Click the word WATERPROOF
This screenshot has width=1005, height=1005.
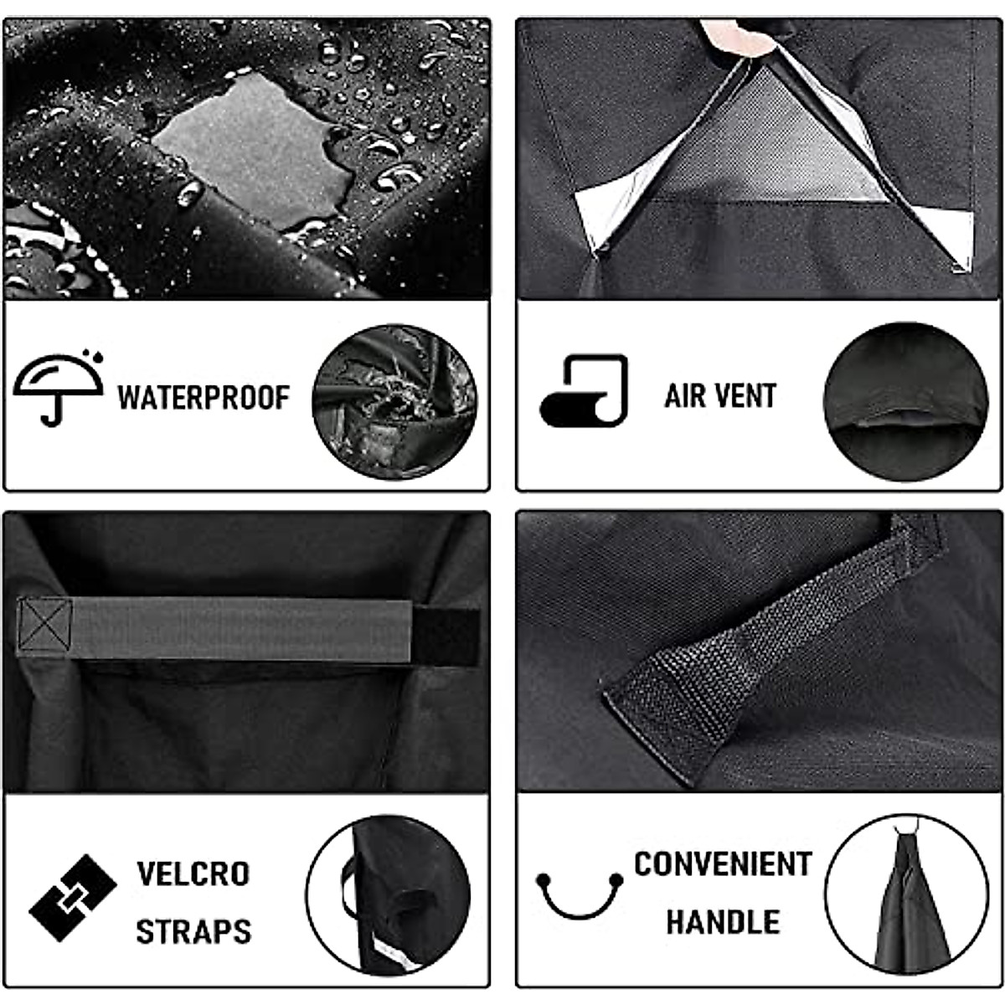click(204, 397)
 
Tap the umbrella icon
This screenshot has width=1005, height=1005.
click(58, 387)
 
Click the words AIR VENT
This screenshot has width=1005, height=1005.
click(720, 395)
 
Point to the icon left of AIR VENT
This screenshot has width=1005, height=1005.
click(585, 390)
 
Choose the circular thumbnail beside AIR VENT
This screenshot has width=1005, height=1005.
click(905, 401)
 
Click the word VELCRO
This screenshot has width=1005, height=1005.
click(193, 874)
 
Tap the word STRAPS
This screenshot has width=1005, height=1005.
click(193, 931)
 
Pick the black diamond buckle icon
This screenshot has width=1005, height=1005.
click(72, 898)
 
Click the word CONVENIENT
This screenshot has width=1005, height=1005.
click(722, 864)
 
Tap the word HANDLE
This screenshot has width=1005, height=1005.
click(723, 921)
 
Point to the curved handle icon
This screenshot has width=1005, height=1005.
click(580, 895)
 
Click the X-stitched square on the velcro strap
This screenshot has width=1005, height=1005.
click(44, 624)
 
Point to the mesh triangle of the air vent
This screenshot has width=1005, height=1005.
click(766, 147)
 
